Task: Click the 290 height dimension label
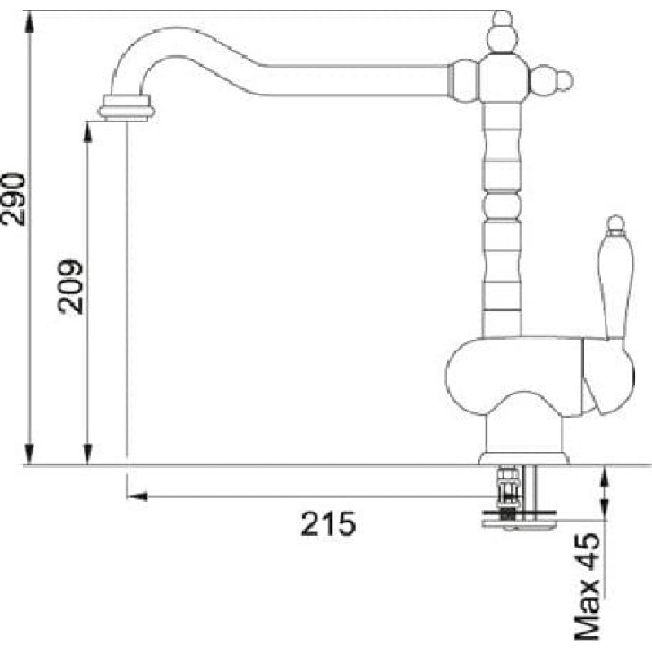12,200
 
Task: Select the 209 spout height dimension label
70,287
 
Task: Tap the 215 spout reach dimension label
328,524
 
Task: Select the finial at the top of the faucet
503,32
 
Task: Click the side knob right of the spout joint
552,79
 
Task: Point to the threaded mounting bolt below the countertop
508,495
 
